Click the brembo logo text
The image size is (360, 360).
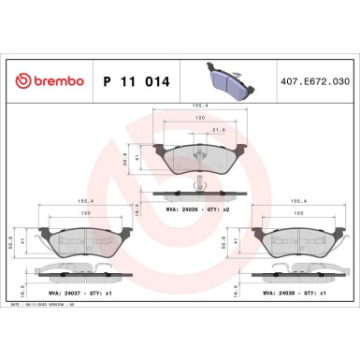(x=48, y=82)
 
